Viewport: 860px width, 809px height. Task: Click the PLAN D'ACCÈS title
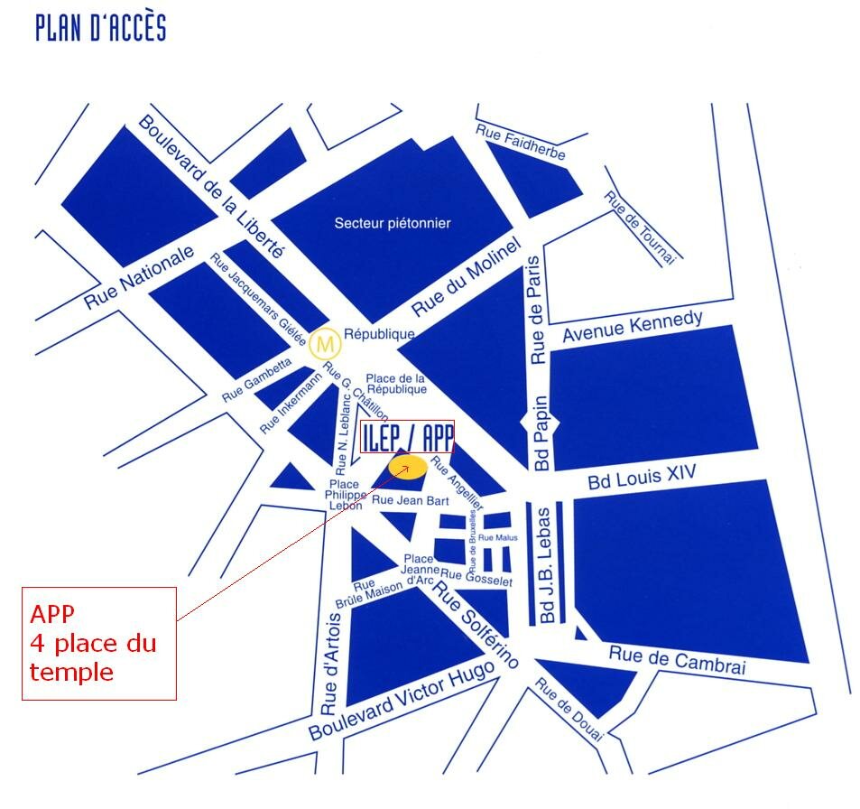tap(100, 27)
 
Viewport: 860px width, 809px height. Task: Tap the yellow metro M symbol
tap(324, 343)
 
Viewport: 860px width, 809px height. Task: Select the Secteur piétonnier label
tap(392, 223)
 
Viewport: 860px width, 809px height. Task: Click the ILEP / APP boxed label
tap(406, 437)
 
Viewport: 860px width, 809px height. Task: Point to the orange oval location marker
tap(407, 466)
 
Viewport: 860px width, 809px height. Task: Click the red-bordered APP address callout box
tap(99, 643)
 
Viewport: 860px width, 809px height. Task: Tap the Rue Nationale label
tap(139, 277)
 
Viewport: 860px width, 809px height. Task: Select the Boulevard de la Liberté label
tap(211, 187)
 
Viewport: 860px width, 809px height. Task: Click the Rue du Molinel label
tap(467, 276)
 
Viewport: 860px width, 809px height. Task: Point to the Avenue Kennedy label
tap(632, 326)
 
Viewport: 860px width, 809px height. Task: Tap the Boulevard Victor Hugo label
tap(402, 700)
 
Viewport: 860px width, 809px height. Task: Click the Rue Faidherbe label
tap(521, 143)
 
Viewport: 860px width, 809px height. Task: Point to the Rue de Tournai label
tap(640, 228)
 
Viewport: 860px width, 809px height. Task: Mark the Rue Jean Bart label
tap(411, 499)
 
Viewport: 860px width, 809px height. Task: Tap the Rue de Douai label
tap(569, 710)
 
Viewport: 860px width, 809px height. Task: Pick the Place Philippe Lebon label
tap(345, 496)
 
